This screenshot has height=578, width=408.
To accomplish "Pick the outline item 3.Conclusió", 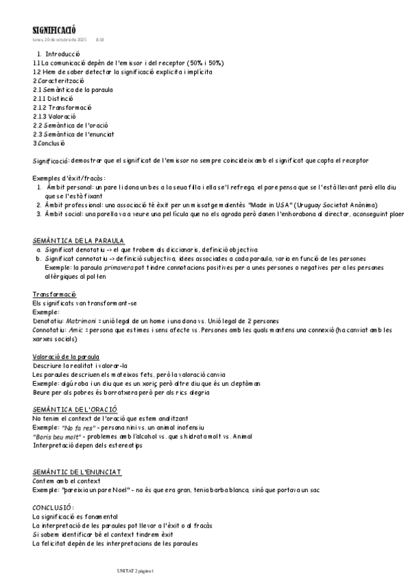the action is click(49, 143).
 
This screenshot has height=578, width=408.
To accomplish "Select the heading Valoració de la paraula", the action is click(66, 356).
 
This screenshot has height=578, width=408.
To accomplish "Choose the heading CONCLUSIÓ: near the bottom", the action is click(53, 508).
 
